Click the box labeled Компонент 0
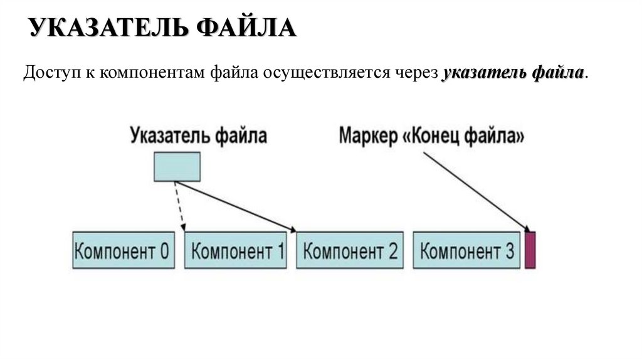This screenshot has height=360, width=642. [x=123, y=251]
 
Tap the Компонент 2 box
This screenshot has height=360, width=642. [x=350, y=251]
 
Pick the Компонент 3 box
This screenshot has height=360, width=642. [x=466, y=251]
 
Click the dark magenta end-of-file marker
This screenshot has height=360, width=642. [x=530, y=250]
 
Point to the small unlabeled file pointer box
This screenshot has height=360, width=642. [x=177, y=166]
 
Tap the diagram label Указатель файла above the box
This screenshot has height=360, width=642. [x=199, y=135]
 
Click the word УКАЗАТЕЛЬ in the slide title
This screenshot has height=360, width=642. [x=110, y=28]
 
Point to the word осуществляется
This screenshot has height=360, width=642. [x=325, y=73]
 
